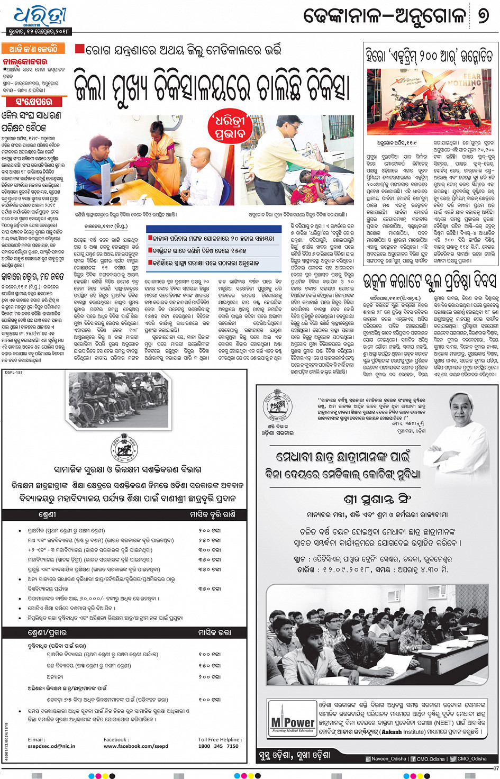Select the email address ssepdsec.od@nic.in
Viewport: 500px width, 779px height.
point(51,746)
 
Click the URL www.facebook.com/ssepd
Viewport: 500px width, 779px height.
point(135,746)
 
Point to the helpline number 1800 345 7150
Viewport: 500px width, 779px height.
point(218,746)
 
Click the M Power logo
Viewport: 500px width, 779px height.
point(293,723)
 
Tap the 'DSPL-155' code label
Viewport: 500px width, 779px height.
point(14,373)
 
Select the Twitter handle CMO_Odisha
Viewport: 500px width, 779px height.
point(471,759)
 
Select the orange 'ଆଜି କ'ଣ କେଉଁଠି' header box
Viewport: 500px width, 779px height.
point(33,49)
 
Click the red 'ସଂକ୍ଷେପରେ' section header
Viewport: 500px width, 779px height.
point(34,101)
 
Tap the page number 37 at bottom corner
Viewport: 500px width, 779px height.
point(495,768)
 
